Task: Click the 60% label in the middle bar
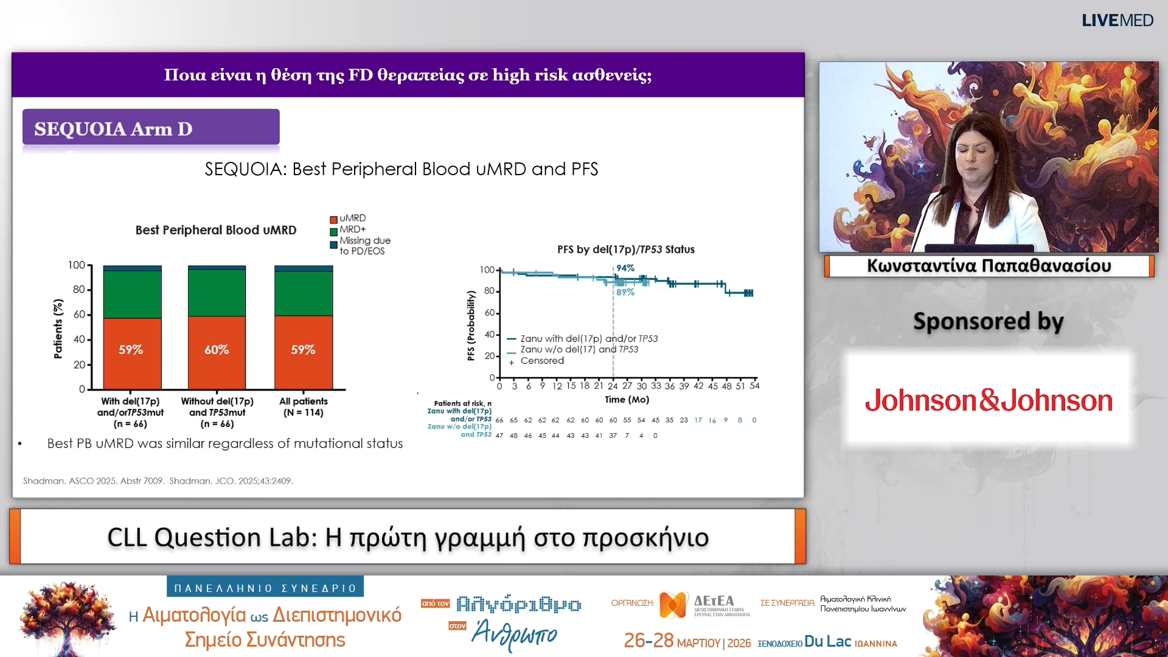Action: click(x=217, y=350)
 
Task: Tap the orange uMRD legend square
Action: click(x=333, y=220)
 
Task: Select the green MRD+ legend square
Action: click(x=333, y=232)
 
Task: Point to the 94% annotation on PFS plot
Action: click(x=625, y=268)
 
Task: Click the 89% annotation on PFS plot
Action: click(x=625, y=293)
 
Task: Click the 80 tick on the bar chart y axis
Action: click(x=79, y=290)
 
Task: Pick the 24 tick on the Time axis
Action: click(x=613, y=386)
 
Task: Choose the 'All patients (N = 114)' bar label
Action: click(x=304, y=407)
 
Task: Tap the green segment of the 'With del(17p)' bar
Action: click(x=132, y=294)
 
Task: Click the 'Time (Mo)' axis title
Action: click(x=627, y=400)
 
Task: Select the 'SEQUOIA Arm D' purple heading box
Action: click(x=151, y=128)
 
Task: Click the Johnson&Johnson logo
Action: click(x=989, y=400)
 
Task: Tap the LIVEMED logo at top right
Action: click(x=1117, y=21)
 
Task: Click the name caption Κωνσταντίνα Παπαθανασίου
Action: click(x=989, y=266)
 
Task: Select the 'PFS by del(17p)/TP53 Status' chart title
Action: click(x=625, y=249)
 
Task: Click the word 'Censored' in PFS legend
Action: click(x=542, y=361)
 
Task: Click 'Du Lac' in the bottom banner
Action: click(x=827, y=642)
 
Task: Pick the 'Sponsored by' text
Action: click(x=988, y=321)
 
